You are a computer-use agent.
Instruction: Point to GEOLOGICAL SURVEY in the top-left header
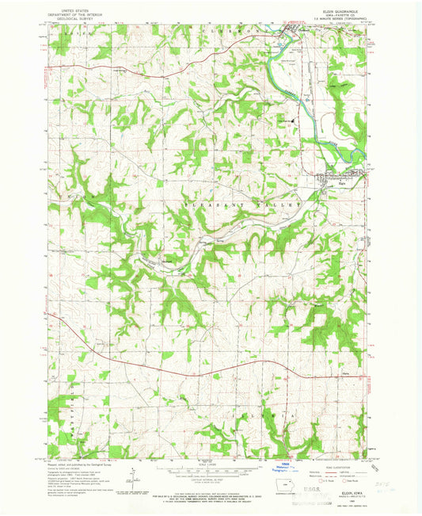70,18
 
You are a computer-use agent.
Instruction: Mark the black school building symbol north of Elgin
279,120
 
